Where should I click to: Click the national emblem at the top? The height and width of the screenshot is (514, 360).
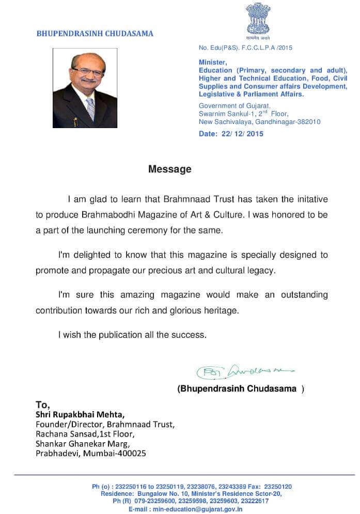pyautogui.click(x=258, y=18)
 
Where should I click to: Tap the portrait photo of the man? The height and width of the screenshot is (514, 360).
pyautogui.click(x=85, y=88)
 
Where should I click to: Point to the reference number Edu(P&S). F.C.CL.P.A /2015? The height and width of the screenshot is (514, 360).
pyautogui.click(x=246, y=48)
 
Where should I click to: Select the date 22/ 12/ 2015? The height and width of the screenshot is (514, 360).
pyautogui.click(x=231, y=134)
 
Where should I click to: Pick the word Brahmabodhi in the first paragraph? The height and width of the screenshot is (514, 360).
pyautogui.click(x=106, y=214)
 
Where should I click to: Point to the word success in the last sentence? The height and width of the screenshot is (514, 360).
pyautogui.click(x=191, y=335)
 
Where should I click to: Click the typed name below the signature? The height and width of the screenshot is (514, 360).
pyautogui.click(x=238, y=388)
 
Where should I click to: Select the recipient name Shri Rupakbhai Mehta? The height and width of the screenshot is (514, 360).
pyautogui.click(x=80, y=414)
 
